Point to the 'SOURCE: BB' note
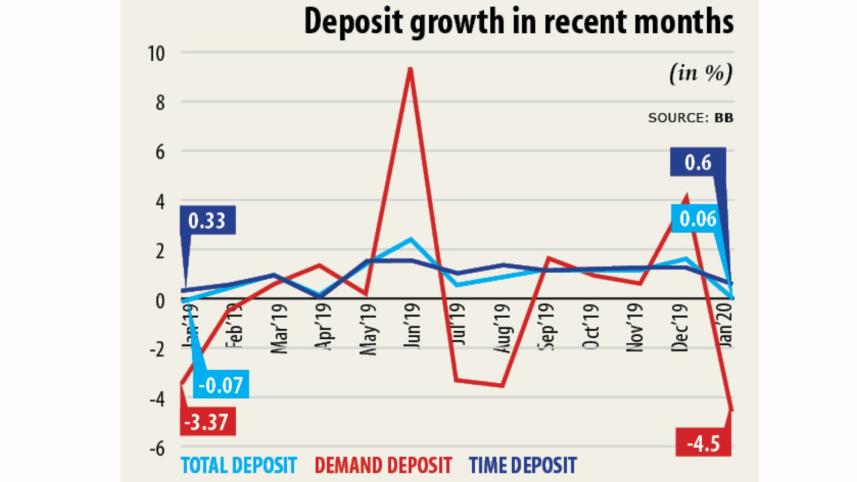[691, 118]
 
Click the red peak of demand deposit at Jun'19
[410, 69]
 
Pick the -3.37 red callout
[208, 422]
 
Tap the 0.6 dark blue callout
[696, 163]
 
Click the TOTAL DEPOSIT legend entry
[239, 466]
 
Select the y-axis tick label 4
[159, 201]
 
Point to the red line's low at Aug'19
[501, 386]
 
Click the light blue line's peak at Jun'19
[410, 239]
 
